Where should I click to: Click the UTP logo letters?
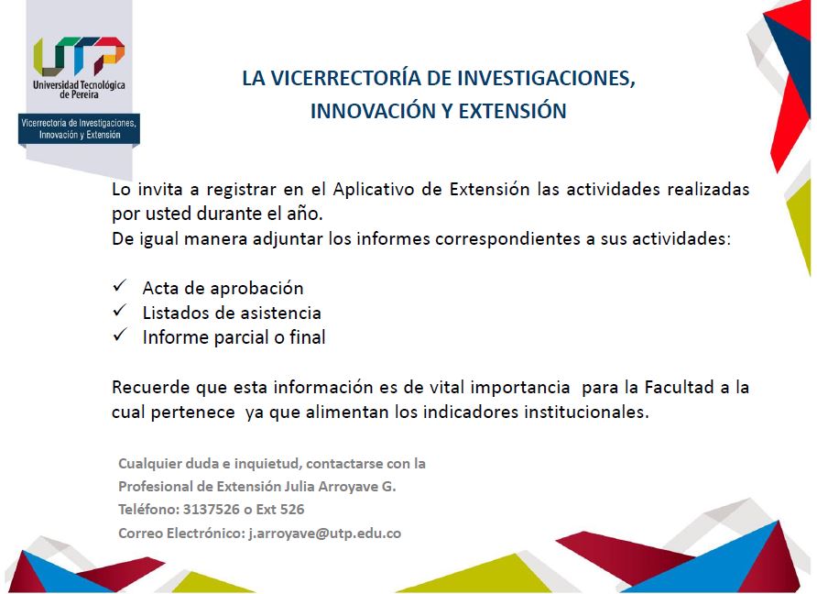click(x=79, y=56)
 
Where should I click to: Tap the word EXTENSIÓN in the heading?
click(x=512, y=111)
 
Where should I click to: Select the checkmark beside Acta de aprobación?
click(x=120, y=285)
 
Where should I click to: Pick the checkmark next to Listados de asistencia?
click(x=120, y=311)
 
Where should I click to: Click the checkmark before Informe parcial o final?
click(x=120, y=335)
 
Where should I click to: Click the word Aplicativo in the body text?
click(x=373, y=190)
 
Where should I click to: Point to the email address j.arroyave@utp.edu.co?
click(x=324, y=533)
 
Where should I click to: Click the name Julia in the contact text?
click(x=299, y=487)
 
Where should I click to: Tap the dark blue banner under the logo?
click(x=79, y=129)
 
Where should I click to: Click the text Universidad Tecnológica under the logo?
click(x=79, y=84)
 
